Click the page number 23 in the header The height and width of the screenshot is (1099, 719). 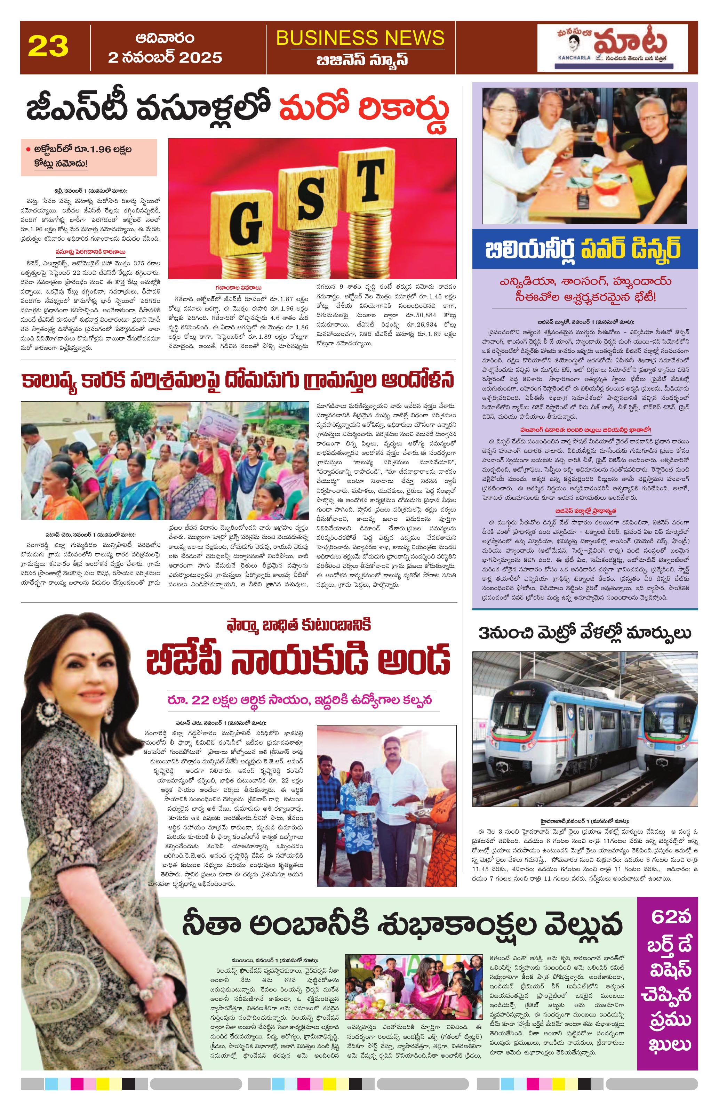point(48,47)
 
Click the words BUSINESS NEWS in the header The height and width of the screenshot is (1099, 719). point(360,38)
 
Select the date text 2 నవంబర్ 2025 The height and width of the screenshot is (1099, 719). point(165,57)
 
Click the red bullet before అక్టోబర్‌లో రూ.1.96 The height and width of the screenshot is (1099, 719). point(28,150)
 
